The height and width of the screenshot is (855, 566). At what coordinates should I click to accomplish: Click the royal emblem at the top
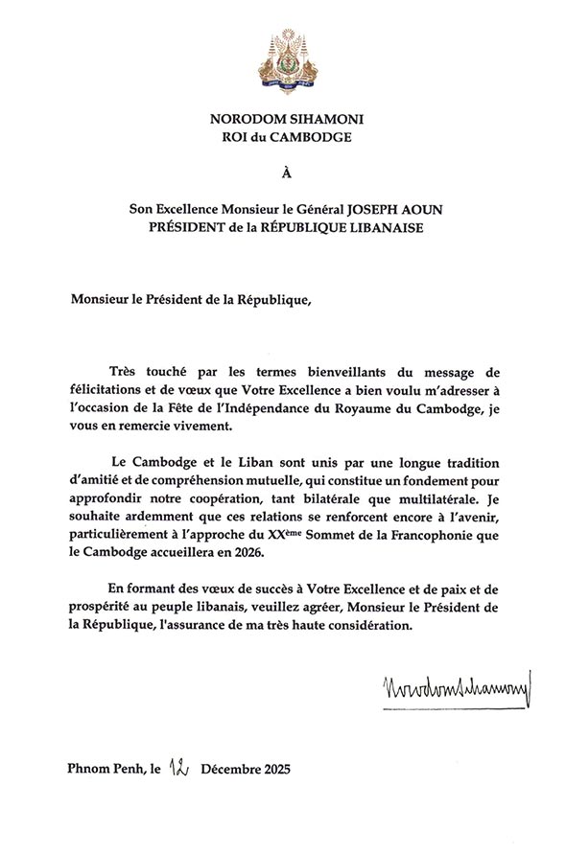[x=284, y=58]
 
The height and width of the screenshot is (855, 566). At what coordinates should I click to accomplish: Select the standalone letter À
[x=282, y=174]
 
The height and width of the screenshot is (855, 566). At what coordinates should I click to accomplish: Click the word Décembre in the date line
[x=227, y=770]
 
